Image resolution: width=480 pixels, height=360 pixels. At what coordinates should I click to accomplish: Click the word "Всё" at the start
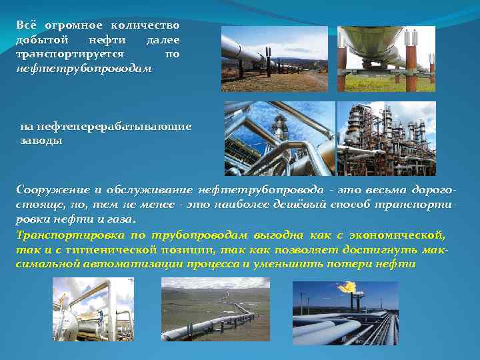[x=26, y=25]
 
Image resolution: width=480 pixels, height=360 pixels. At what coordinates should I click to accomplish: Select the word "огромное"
[x=74, y=25]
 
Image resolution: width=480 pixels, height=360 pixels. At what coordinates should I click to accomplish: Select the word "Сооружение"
[x=51, y=189]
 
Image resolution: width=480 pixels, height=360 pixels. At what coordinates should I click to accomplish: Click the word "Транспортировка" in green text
[x=65, y=235]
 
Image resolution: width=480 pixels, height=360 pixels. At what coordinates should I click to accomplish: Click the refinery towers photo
[x=386, y=138]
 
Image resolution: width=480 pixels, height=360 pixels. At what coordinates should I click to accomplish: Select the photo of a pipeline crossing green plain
[x=215, y=310]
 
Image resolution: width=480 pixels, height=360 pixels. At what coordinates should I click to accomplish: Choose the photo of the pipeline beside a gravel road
[x=275, y=59]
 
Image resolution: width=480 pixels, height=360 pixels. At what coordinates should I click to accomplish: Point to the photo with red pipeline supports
[x=386, y=59]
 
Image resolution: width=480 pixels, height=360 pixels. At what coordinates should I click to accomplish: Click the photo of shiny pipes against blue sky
[x=279, y=138]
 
